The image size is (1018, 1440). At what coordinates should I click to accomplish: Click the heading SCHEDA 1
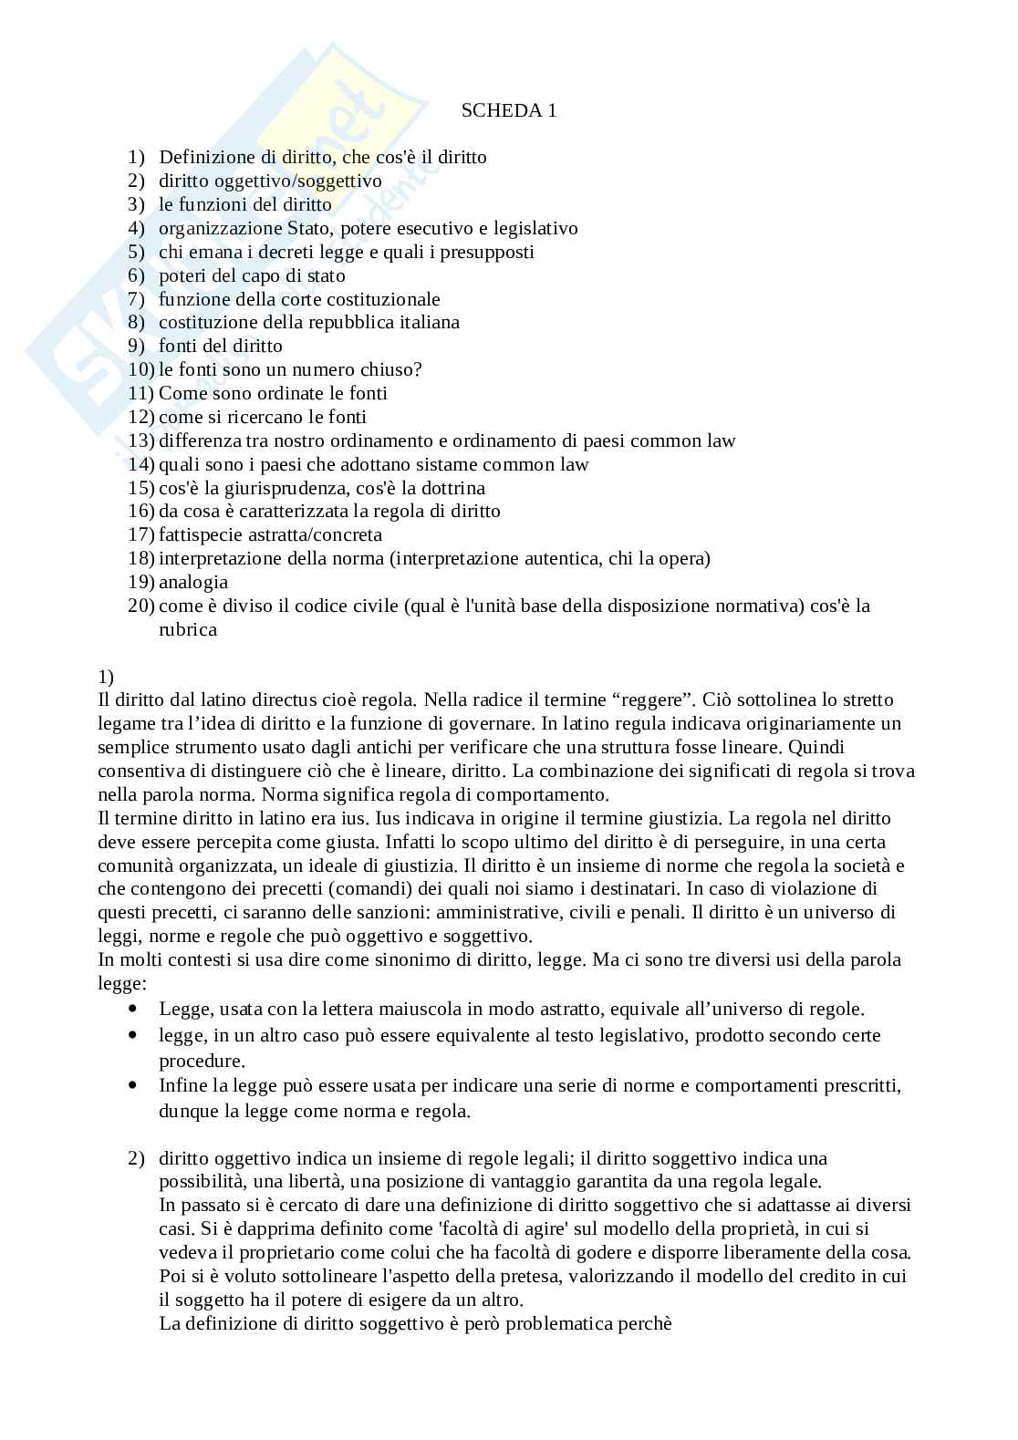[x=508, y=111]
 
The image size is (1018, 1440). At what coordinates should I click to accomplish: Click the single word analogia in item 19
[x=192, y=582]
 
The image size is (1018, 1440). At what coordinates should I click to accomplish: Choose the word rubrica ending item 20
[x=187, y=629]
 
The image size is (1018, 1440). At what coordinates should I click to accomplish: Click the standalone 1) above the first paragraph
[x=105, y=677]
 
